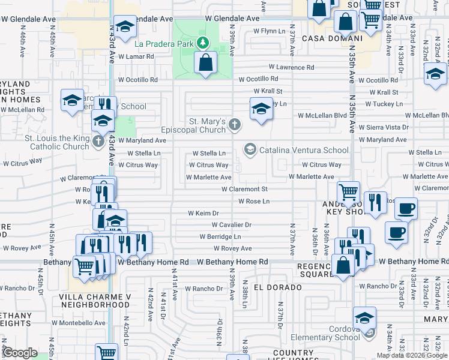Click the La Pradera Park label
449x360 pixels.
[164, 43]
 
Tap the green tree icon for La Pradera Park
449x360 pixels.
[203, 43]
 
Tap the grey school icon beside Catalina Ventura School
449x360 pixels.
[250, 149]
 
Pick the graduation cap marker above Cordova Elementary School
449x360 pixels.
[364, 318]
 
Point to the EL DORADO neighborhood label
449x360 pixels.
[277, 287]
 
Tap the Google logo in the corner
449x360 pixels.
[20, 353]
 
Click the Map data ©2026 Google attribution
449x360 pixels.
[412, 355]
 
